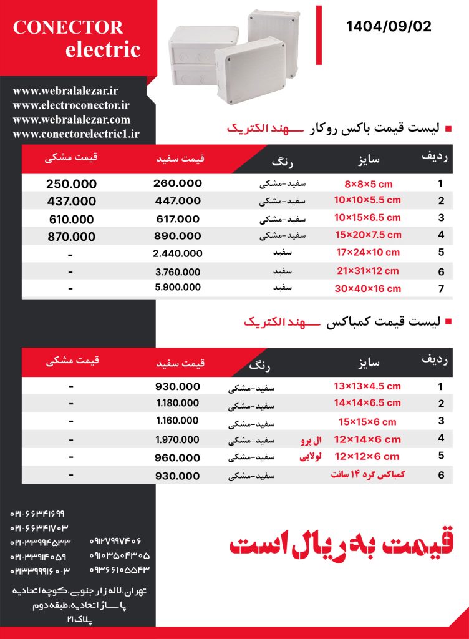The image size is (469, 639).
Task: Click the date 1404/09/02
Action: (x=388, y=27)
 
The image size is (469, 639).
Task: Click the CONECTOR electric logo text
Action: (x=77, y=39)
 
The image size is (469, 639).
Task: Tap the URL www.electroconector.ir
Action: (x=70, y=106)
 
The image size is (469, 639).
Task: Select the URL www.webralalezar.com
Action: (x=71, y=120)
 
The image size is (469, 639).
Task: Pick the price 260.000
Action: (x=178, y=183)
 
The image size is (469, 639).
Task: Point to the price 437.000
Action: (x=72, y=202)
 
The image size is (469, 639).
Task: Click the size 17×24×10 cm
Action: (x=367, y=253)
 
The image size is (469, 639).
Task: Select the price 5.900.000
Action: (x=178, y=288)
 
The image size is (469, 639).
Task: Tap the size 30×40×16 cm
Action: (x=367, y=289)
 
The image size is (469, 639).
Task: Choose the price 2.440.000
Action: (x=178, y=253)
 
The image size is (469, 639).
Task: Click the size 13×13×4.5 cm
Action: (x=367, y=386)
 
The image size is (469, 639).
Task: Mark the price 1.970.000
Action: (x=178, y=439)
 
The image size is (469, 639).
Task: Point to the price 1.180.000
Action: (x=178, y=403)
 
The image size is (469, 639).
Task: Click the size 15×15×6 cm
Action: (x=367, y=421)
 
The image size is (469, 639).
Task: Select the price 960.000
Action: (x=178, y=457)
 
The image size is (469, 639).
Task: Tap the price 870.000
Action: (x=72, y=237)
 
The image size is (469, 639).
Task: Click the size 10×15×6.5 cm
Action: (x=367, y=218)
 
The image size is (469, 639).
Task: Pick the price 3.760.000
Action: (x=178, y=272)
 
